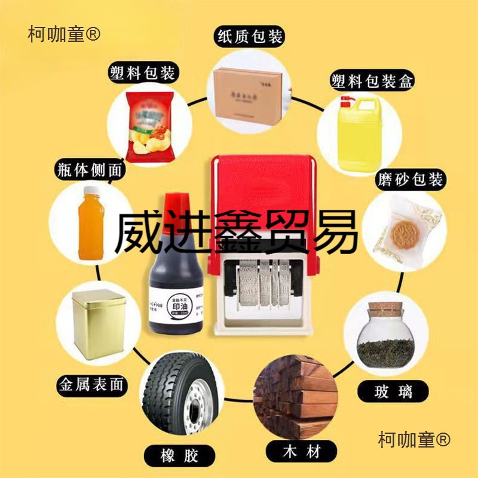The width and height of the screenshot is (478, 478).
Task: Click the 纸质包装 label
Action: pos(250,37)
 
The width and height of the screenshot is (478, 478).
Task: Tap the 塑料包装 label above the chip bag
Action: pos(142,73)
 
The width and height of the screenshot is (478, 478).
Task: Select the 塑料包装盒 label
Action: pos(372,81)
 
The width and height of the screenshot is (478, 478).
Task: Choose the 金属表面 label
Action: pos(91,384)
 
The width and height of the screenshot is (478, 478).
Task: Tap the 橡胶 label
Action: pos(175,455)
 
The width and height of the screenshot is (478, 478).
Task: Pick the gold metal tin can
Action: pos(97,326)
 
